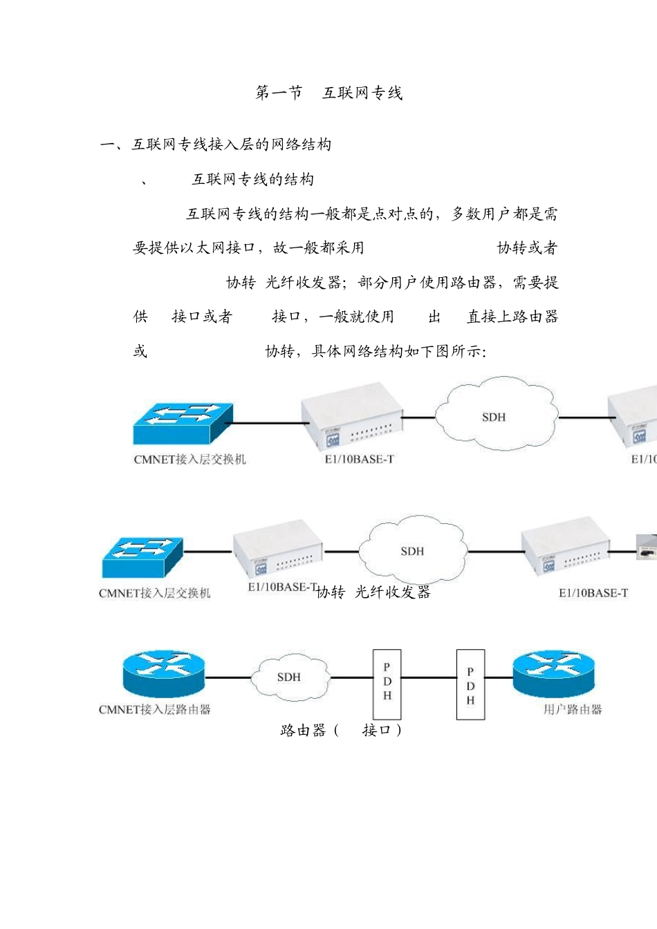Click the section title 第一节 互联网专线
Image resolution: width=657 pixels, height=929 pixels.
[x=328, y=93]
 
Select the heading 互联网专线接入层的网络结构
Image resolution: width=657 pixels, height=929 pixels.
[x=231, y=144]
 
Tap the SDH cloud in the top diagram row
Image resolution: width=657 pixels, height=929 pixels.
[x=494, y=415]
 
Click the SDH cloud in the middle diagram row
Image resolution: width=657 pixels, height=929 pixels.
[x=412, y=550]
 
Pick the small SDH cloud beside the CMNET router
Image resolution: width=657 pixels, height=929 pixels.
[x=289, y=677]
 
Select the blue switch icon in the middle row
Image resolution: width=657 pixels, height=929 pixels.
[x=142, y=556]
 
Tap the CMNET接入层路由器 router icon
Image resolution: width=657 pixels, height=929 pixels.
[x=164, y=673]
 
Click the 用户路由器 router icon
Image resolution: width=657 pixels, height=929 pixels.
[x=553, y=673]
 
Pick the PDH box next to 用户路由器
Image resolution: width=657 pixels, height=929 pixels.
[x=470, y=685]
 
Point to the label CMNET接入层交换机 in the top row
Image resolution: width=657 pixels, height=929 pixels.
[x=189, y=459]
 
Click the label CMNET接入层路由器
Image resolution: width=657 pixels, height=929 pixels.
[x=154, y=709]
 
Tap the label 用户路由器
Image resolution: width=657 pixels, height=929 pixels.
[x=573, y=709]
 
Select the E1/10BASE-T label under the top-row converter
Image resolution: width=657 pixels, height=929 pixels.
[x=359, y=459]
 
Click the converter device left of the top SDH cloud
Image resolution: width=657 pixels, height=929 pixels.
[x=351, y=415]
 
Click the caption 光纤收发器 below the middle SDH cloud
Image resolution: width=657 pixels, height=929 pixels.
[x=392, y=592]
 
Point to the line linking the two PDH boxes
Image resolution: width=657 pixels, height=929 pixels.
[x=429, y=678]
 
